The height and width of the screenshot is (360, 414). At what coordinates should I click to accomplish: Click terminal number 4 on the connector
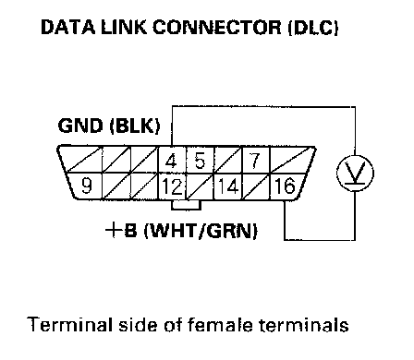pos(172,160)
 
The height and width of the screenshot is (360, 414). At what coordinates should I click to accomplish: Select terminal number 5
pos(200,160)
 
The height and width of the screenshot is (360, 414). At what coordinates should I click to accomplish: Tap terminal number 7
pos(255,160)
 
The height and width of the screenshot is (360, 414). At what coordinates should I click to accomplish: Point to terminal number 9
pos(87,186)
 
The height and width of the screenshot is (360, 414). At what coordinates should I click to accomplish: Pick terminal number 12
pos(172,186)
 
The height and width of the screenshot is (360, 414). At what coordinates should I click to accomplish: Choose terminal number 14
pos(228,186)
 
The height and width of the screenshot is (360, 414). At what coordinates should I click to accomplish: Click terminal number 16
pos(284,186)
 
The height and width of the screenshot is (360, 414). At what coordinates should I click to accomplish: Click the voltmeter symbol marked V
pos(355,173)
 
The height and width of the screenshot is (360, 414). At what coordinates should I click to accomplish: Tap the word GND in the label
pos(80,126)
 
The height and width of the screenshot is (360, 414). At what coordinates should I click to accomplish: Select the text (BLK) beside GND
pos(135,126)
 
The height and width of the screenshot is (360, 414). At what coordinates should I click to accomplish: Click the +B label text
pos(121,230)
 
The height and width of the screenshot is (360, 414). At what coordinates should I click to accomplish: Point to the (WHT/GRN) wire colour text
pos(201,231)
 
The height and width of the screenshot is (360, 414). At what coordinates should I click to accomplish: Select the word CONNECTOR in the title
pos(217,27)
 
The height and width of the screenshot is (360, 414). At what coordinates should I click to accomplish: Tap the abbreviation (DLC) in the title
pos(313,27)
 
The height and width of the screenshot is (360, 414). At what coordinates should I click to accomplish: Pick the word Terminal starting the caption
pos(70,325)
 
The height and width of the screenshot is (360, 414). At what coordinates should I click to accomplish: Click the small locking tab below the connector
pos(186,205)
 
